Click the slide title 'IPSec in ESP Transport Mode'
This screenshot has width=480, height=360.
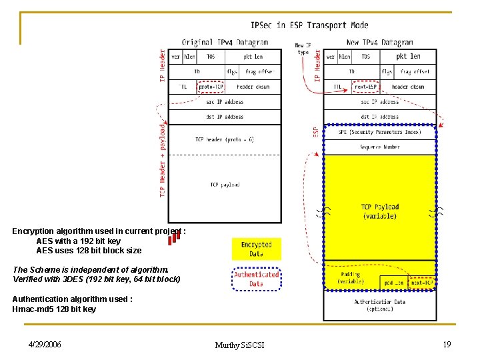click(309, 25)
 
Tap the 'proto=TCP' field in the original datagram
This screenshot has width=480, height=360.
click(211, 87)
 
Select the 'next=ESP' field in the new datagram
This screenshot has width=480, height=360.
click(365, 87)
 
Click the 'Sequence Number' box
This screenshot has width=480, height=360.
click(380, 147)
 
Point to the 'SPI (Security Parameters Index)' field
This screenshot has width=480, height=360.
click(380, 132)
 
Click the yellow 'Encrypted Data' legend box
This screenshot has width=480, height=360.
click(257, 249)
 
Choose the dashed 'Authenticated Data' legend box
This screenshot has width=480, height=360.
click(257, 279)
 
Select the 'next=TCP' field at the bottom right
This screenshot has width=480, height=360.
click(422, 283)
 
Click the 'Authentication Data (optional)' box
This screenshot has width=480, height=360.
click(380, 306)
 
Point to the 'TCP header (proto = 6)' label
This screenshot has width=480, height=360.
click(225, 139)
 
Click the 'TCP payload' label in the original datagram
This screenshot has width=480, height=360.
click(225, 185)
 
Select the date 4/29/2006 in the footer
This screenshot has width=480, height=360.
click(45, 344)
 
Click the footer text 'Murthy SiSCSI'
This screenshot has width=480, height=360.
click(239, 345)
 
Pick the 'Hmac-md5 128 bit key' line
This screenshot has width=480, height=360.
click(54, 309)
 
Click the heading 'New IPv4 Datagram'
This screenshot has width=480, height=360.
click(380, 42)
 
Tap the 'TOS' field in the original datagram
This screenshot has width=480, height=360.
click(210, 57)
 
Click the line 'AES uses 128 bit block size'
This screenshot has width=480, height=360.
click(89, 251)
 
